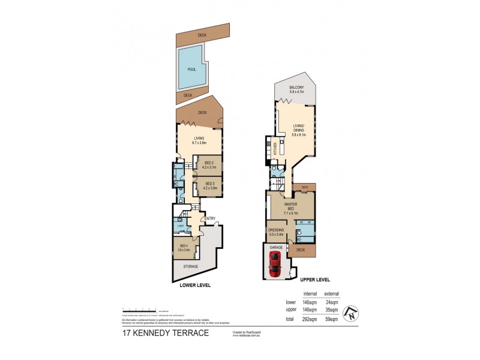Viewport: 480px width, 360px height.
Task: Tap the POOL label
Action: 191,70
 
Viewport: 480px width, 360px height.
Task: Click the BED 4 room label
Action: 184,246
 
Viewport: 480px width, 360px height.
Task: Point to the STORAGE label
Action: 190,266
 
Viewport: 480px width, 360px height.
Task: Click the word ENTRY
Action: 209,218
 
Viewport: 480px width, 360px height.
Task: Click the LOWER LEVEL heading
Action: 195,286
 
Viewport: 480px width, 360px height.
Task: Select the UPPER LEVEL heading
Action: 315,280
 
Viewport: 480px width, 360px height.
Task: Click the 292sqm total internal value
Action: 310,320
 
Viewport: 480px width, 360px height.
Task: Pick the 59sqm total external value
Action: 332,320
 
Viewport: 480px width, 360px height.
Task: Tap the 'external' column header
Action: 331,293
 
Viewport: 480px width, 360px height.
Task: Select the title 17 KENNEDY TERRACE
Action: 165,333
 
